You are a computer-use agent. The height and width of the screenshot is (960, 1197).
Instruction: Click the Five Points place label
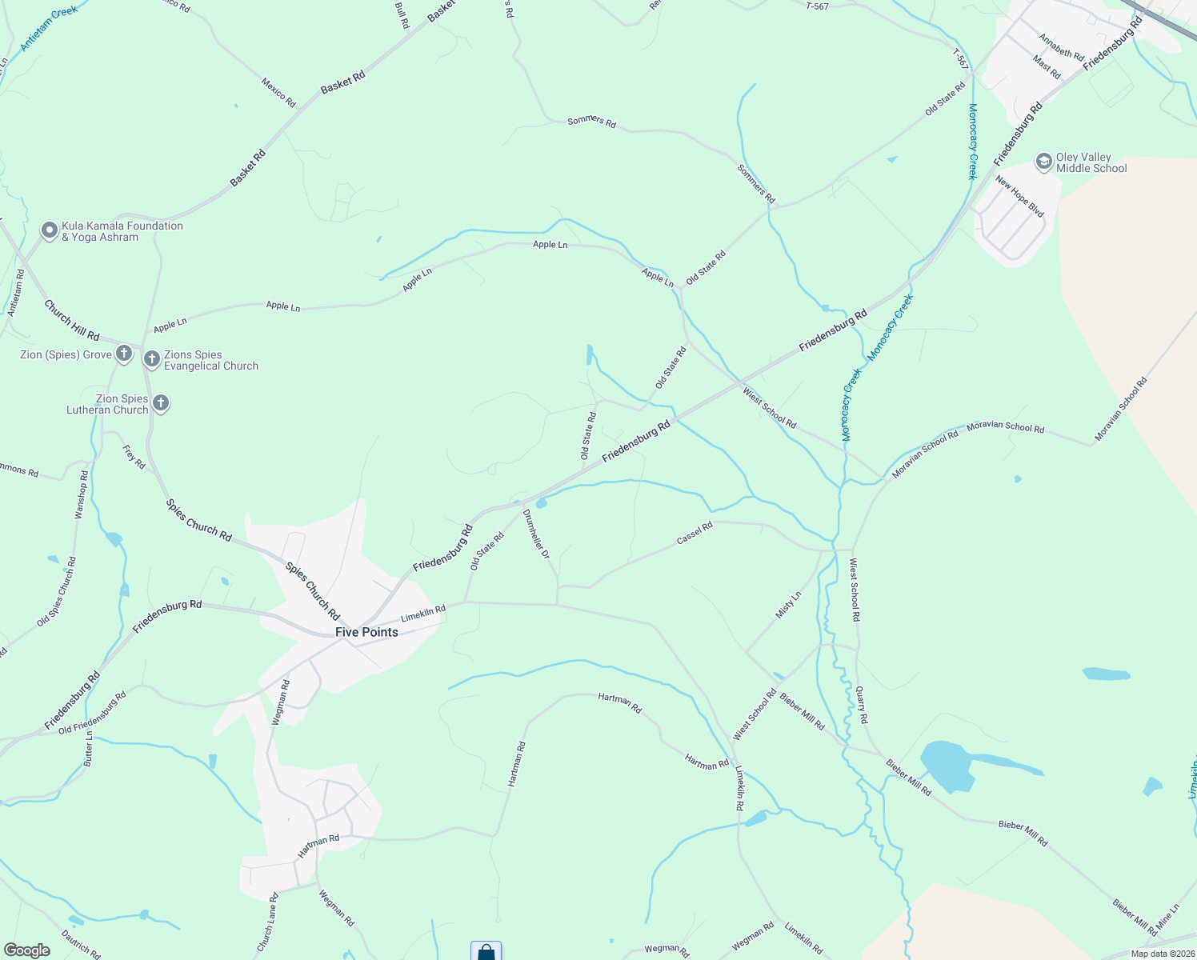366,632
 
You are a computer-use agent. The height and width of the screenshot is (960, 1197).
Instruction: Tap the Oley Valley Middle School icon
1043,162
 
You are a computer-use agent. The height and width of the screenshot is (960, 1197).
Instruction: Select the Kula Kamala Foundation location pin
49,231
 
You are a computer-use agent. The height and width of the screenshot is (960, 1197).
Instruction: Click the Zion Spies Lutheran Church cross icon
161,403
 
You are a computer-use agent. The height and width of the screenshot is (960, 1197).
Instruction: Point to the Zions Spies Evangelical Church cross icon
152,359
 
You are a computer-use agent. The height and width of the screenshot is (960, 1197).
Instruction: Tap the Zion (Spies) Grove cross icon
123,354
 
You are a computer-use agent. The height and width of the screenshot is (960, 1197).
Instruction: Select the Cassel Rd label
695,534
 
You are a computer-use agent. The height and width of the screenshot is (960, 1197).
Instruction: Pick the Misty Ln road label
788,605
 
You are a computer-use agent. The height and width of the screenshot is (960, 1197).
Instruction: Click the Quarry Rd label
861,705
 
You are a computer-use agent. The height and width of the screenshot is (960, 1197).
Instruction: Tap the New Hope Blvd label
1019,197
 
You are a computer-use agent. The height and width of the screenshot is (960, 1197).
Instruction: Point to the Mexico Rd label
278,93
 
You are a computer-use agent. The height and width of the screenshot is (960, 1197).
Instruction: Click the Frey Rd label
134,458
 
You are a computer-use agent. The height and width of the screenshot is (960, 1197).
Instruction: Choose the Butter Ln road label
89,749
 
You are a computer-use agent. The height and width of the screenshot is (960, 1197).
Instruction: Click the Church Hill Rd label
71,320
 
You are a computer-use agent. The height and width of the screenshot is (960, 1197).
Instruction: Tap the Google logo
27,950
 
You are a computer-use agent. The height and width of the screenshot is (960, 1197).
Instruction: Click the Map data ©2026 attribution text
1160,954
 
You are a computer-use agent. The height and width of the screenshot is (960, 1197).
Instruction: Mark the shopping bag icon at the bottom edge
486,952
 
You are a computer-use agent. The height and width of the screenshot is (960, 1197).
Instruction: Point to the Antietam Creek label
50,30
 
